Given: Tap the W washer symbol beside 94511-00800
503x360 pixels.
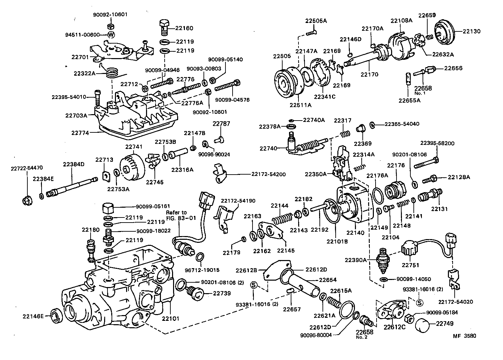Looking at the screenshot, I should (112, 34).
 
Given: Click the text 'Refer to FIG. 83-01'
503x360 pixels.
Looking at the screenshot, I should (181, 215).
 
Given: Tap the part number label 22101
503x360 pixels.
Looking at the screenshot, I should (170, 318).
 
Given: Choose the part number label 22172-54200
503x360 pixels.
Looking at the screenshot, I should (268, 174).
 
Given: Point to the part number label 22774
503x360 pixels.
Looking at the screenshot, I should (80, 133).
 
